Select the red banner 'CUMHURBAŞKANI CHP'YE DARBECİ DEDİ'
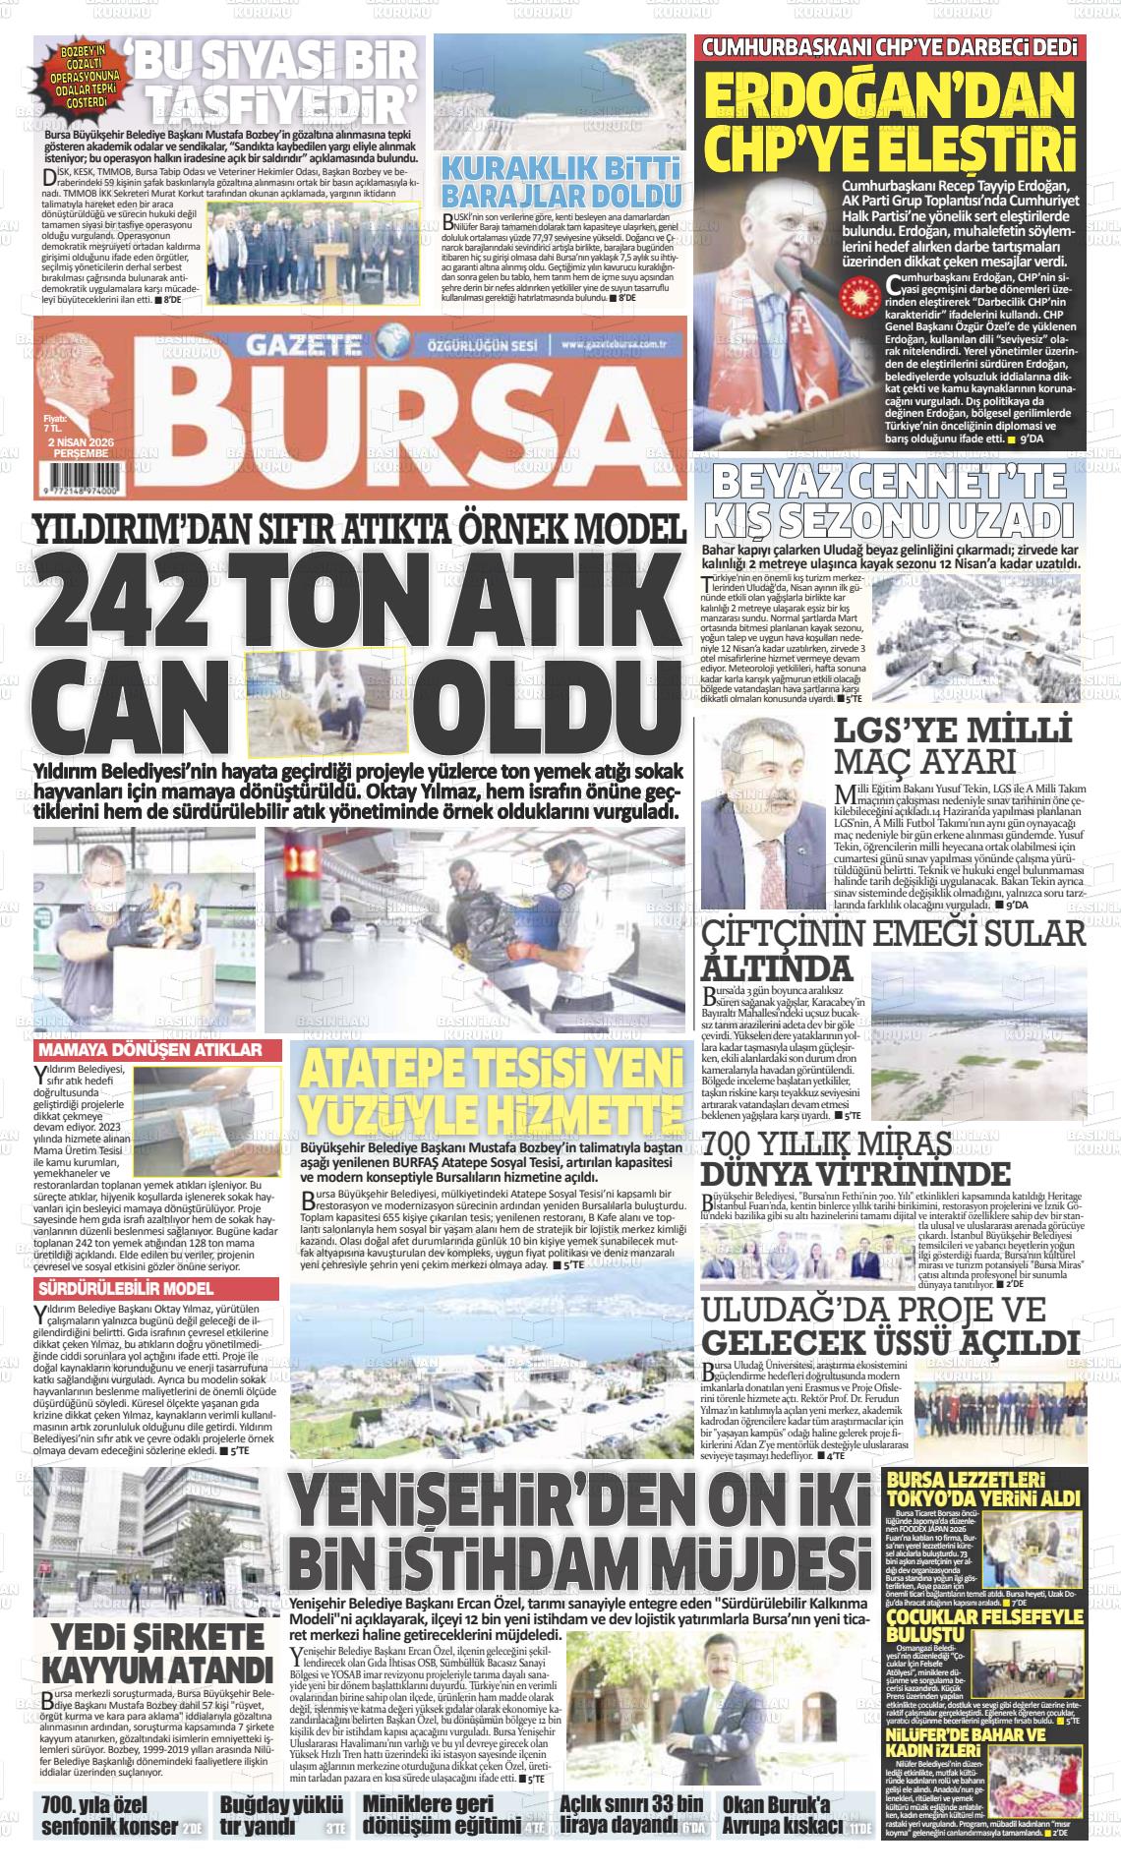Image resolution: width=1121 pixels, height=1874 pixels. (887, 47)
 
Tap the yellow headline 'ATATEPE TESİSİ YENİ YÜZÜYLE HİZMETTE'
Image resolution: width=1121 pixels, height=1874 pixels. (492, 1090)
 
